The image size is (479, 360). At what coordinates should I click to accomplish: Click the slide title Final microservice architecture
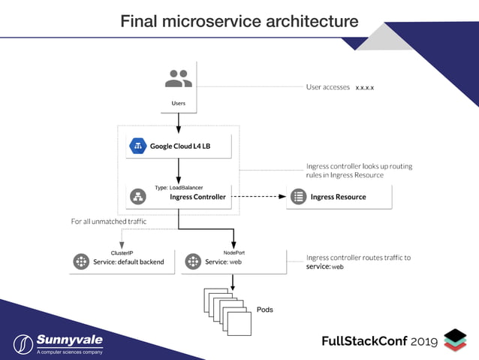pyautogui.click(x=239, y=21)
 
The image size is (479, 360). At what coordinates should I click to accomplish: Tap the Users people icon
pyautogui.click(x=178, y=79)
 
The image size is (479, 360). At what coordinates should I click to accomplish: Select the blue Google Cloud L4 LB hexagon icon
pyautogui.click(x=137, y=146)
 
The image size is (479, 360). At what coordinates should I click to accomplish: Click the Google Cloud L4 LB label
pyautogui.click(x=179, y=147)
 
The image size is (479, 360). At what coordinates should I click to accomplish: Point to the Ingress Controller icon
pyautogui.click(x=137, y=197)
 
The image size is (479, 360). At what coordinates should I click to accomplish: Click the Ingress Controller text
pyautogui.click(x=197, y=197)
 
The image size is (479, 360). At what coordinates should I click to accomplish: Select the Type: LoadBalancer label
pyautogui.click(x=179, y=187)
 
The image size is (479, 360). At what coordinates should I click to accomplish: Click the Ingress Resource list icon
pyautogui.click(x=298, y=197)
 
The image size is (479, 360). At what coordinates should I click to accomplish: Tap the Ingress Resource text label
pyautogui.click(x=338, y=197)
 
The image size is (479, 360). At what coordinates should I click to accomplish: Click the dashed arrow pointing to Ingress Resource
pyautogui.click(x=259, y=197)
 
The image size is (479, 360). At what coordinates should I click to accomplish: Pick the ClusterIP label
pyautogui.click(x=122, y=253)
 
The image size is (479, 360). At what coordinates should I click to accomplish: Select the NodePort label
pyautogui.click(x=233, y=253)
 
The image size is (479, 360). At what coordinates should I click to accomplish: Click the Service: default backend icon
pyautogui.click(x=81, y=262)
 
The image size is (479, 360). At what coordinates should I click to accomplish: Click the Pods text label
pyautogui.click(x=264, y=310)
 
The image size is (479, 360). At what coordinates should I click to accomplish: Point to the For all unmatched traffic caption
pyautogui.click(x=108, y=222)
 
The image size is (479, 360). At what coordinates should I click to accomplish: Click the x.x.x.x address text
pyautogui.click(x=365, y=88)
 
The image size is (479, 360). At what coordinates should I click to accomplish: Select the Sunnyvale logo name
pyautogui.click(x=69, y=340)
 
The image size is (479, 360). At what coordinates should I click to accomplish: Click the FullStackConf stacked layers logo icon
pyautogui.click(x=455, y=340)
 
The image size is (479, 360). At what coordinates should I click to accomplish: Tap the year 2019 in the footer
pyautogui.click(x=425, y=341)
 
